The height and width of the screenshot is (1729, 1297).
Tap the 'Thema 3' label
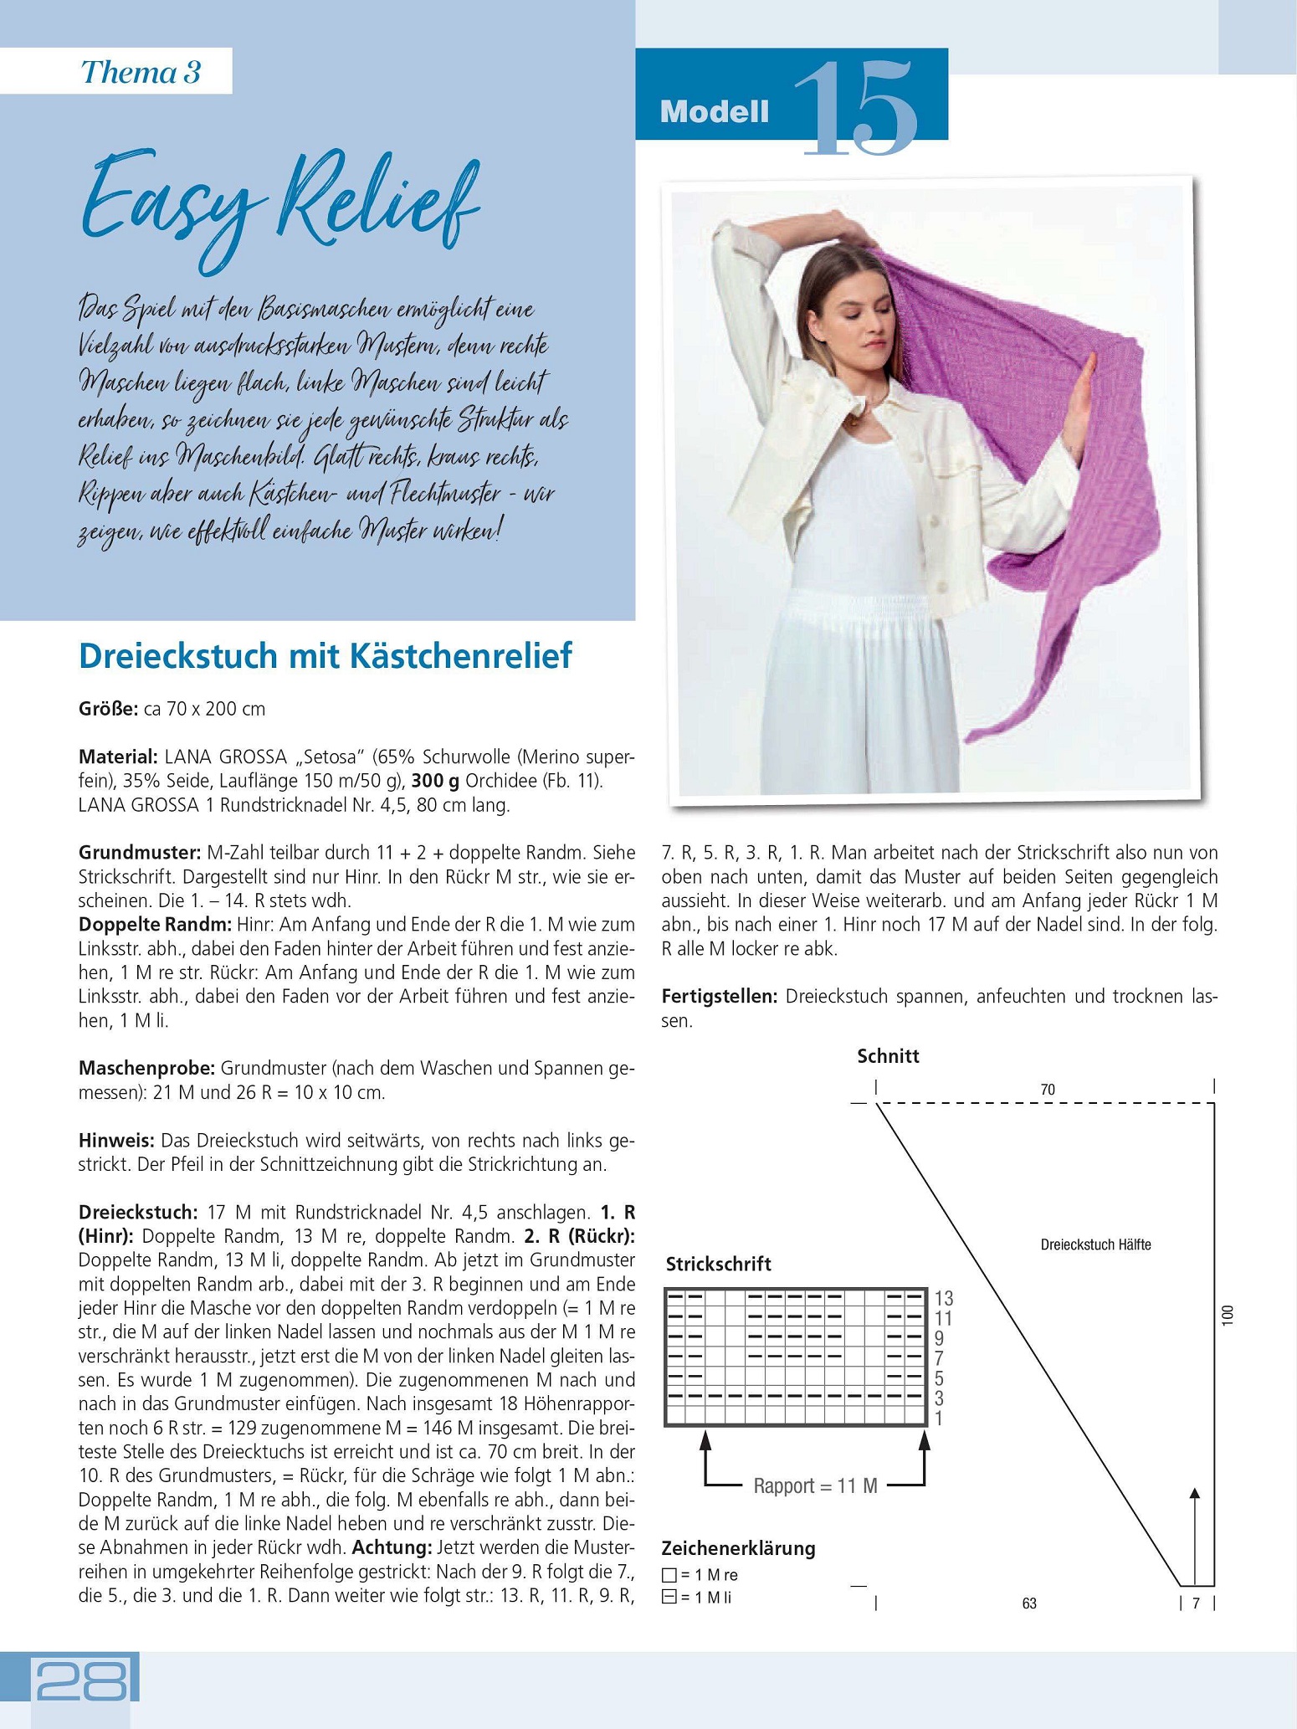pos(141,72)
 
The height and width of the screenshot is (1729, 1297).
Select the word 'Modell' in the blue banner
pos(714,112)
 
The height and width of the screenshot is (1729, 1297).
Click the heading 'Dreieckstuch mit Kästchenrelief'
pos(325,656)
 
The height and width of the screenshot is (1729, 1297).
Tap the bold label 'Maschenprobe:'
pos(147,1068)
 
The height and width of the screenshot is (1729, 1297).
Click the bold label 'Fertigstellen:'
pos(720,996)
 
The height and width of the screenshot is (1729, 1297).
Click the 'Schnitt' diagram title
pos(888,1056)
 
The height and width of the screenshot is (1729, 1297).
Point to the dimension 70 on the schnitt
pos(1048,1090)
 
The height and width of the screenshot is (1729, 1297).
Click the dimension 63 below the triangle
pos(1029,1603)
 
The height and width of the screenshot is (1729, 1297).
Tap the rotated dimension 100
pos(1228,1315)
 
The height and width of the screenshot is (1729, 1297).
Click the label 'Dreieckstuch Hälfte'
pos(1095,1244)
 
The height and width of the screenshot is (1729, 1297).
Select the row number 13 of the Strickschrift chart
pos(944,1298)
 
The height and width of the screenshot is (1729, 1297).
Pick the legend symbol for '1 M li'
pos(669,1598)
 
